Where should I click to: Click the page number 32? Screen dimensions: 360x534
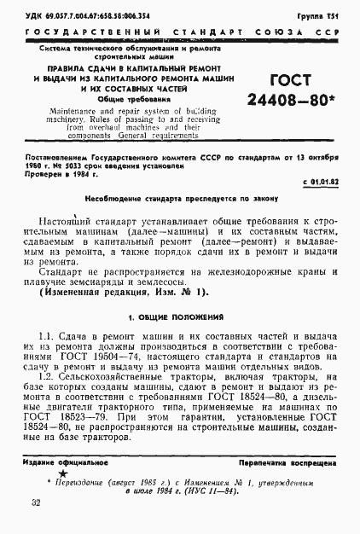click(36, 504)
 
